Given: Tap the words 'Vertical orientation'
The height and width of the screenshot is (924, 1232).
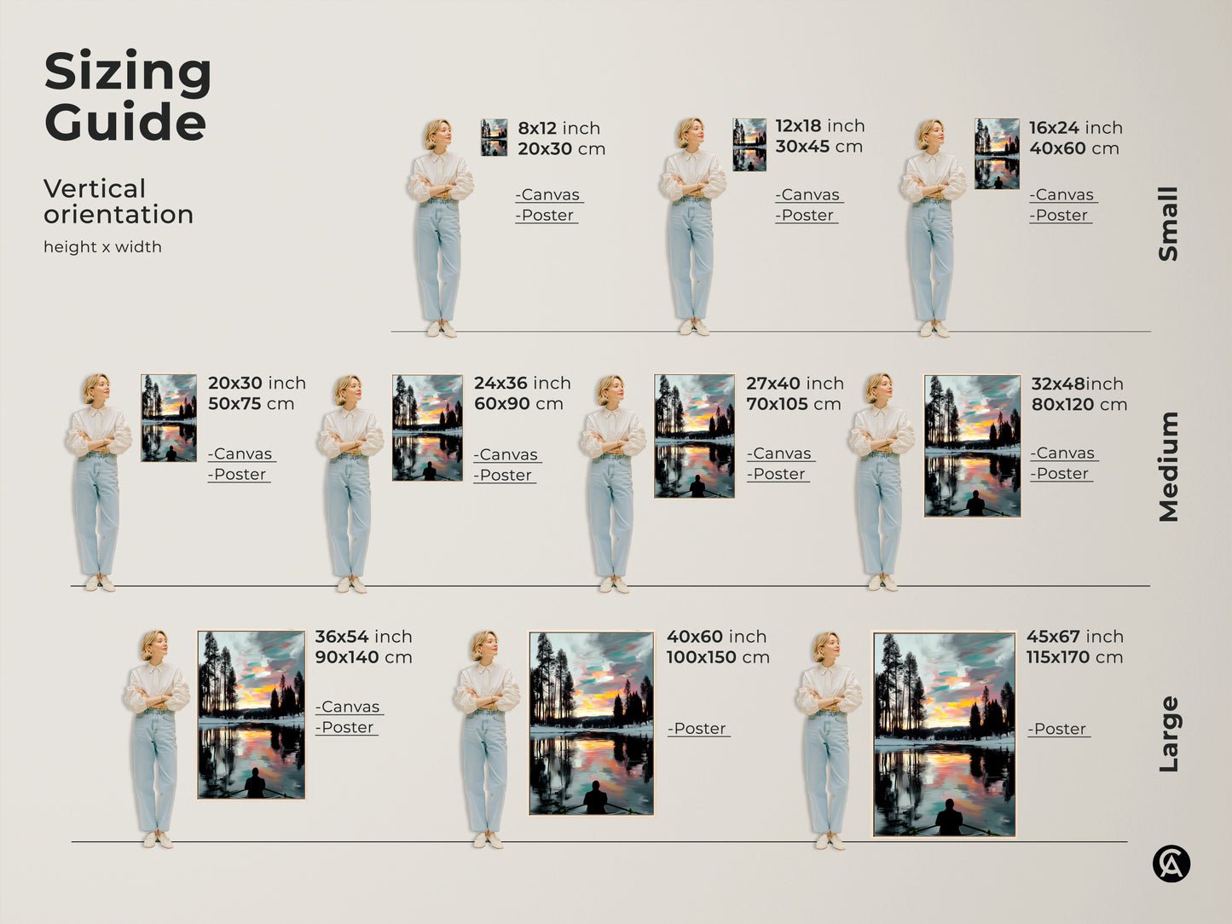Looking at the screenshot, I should click(x=119, y=201).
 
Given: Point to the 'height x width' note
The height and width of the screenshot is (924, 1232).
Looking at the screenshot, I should click(x=102, y=247).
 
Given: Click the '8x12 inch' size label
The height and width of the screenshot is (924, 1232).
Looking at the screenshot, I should click(x=558, y=128).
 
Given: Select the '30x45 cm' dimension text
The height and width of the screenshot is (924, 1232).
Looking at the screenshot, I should click(x=818, y=147).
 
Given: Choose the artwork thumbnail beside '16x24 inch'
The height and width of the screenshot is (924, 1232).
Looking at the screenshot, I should click(x=997, y=153).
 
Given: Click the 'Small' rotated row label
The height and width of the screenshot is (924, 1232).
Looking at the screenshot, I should click(x=1168, y=224).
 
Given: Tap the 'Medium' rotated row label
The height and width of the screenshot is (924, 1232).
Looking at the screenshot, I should click(x=1168, y=466).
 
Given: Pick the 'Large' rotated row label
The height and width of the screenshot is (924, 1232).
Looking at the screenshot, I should click(x=1168, y=734).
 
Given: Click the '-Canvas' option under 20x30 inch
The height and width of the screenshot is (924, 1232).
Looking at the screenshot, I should click(x=242, y=454).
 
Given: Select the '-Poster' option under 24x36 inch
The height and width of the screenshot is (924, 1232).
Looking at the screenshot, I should click(x=505, y=476).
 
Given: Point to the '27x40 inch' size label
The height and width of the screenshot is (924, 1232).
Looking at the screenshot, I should click(x=795, y=384).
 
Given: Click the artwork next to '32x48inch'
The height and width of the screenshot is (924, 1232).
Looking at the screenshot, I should click(x=972, y=446).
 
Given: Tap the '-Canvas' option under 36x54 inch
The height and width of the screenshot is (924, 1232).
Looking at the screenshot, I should click(x=350, y=707).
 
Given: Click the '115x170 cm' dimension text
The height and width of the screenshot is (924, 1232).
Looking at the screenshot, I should click(x=1074, y=657).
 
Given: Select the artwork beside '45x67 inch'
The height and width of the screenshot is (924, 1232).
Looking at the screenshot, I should click(x=944, y=734).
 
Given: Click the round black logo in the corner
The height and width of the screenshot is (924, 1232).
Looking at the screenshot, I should click(x=1171, y=863).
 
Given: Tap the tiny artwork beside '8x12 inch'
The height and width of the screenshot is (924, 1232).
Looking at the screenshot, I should click(x=494, y=137).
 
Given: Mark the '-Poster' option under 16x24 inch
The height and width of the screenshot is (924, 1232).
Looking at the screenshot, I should click(x=1061, y=216).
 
